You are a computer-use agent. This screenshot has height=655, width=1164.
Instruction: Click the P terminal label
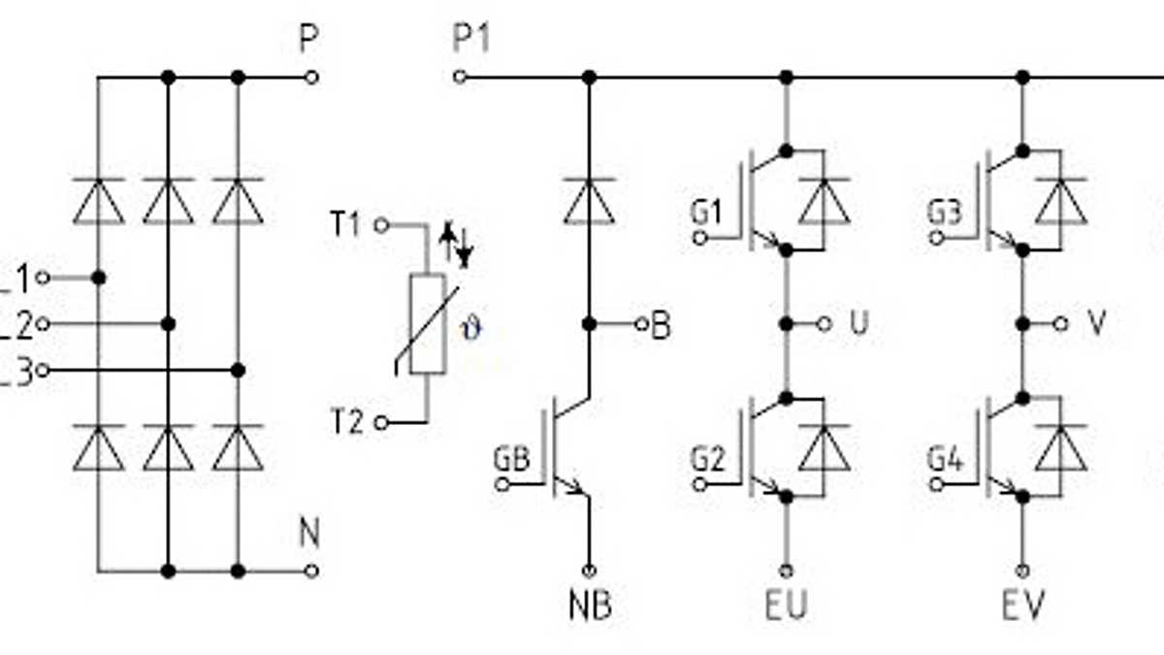(308, 41)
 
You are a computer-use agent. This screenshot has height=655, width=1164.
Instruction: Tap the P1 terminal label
(472, 40)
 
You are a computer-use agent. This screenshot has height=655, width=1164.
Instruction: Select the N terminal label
(308, 534)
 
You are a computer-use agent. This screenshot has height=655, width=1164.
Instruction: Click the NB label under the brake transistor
(590, 606)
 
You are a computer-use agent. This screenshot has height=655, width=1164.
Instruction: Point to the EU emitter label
(786, 606)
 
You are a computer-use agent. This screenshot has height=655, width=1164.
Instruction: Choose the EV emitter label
(1023, 606)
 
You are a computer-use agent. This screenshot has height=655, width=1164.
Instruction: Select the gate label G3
(944, 213)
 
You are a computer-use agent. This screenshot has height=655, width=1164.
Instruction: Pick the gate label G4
(944, 459)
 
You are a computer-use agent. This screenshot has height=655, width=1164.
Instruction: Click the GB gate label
(511, 459)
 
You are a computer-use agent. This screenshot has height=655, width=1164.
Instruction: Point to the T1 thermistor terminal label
(345, 226)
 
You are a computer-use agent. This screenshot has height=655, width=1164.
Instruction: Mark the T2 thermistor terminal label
(345, 423)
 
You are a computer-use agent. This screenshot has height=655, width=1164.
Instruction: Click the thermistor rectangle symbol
(427, 323)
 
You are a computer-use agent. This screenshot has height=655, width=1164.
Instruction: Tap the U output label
(858, 324)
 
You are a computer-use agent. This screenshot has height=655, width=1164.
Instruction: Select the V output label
(1096, 324)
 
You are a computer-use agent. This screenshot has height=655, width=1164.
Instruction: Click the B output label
(662, 325)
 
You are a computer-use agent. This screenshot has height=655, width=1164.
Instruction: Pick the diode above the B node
(589, 201)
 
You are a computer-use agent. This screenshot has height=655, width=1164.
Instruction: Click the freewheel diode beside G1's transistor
(824, 201)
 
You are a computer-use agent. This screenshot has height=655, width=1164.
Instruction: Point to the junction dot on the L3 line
(239, 371)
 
